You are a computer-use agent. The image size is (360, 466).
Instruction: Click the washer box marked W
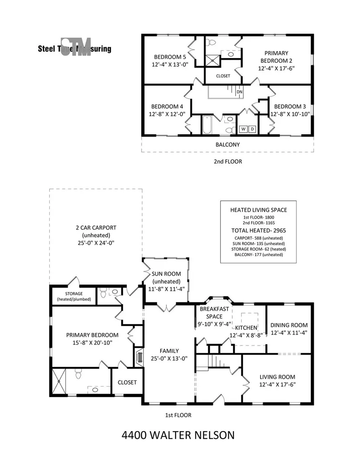(243, 129)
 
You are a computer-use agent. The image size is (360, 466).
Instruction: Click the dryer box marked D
(252, 129)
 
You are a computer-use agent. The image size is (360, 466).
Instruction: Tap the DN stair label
(239, 93)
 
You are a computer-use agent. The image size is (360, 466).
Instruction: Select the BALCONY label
(227, 144)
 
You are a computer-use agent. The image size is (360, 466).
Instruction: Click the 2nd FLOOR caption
(227, 161)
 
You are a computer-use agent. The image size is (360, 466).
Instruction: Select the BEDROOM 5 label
(170, 57)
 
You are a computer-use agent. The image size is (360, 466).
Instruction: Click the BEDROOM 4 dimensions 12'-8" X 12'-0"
(167, 114)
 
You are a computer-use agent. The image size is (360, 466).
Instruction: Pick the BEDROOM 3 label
(290, 106)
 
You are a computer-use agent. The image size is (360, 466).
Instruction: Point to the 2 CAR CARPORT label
(95, 227)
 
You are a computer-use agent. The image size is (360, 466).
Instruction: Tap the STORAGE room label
(74, 293)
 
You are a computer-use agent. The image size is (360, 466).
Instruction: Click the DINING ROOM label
(289, 325)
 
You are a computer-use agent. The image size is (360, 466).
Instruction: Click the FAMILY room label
(169, 351)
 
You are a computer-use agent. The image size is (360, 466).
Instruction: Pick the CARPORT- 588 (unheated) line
(259, 238)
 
